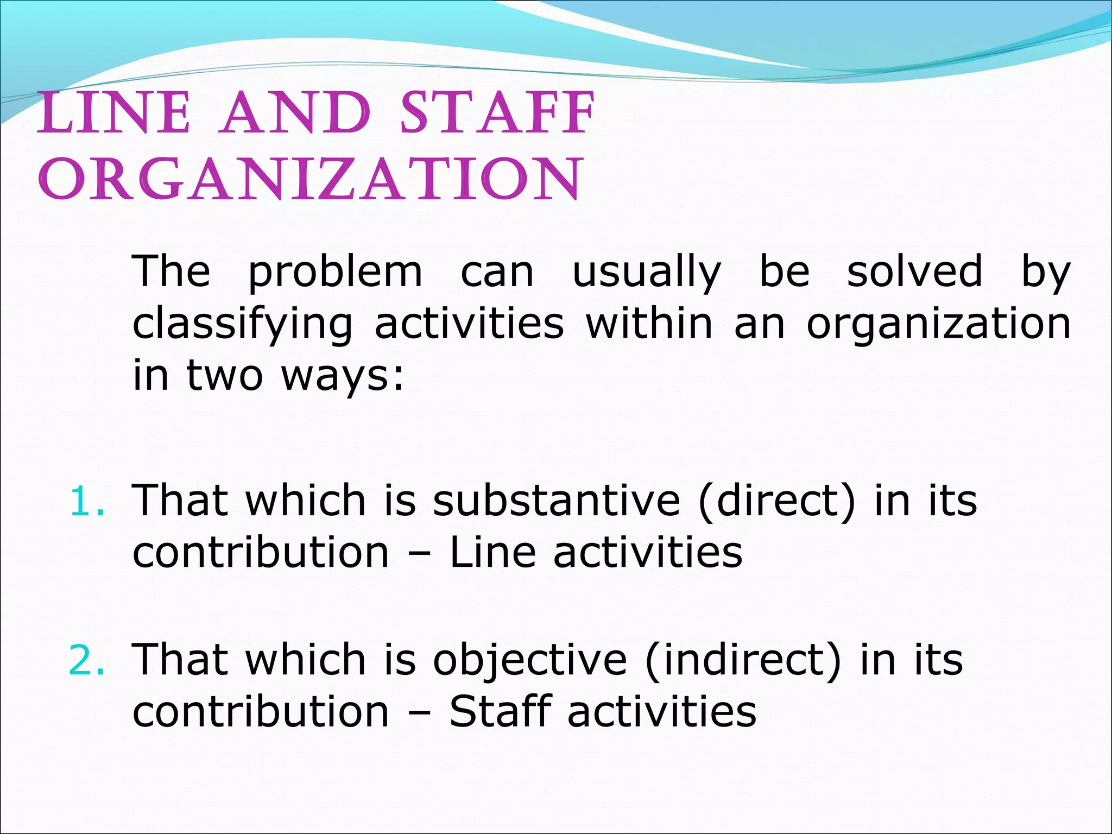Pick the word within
coord(649,324)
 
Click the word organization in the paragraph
coord(938,325)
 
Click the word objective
coord(529,660)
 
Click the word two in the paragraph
coord(225,376)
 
